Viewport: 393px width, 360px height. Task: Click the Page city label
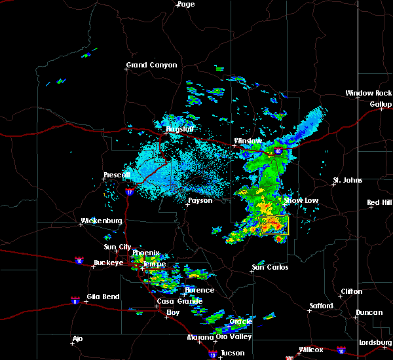186,4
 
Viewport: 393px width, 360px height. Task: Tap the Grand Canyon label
151,65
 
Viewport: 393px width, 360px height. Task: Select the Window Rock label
369,94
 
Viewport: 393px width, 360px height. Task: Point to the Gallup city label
381,104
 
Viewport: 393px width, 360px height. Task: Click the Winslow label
248,141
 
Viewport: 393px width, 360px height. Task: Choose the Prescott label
118,175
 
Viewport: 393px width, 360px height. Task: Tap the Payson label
200,200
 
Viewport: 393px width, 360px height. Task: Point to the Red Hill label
379,203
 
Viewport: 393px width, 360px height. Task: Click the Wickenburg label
102,221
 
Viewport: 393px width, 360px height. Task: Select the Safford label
322,306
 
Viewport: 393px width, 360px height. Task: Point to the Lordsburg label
375,343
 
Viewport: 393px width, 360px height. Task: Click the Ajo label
78,338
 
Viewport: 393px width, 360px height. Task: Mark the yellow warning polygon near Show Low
274,226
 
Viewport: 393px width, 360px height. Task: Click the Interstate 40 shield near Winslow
278,151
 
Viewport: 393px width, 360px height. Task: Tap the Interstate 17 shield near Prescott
129,192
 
